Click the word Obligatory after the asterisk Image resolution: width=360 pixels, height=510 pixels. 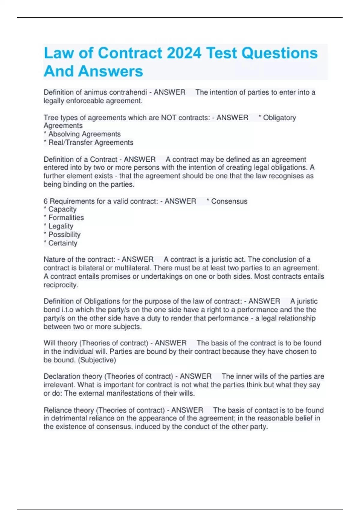click(x=279, y=118)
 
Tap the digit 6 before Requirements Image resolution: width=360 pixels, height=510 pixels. click(x=46, y=201)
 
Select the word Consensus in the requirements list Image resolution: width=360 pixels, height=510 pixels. click(x=229, y=201)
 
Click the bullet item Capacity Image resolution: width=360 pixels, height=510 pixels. click(x=62, y=209)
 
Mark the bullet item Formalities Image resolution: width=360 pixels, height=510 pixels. click(x=66, y=217)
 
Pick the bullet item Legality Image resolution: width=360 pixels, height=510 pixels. click(x=61, y=226)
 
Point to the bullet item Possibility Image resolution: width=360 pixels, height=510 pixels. click(x=64, y=235)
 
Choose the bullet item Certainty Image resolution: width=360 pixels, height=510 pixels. click(x=63, y=243)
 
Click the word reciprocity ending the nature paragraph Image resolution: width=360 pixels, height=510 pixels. click(x=61, y=285)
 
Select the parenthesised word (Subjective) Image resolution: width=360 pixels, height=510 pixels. click(x=97, y=360)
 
